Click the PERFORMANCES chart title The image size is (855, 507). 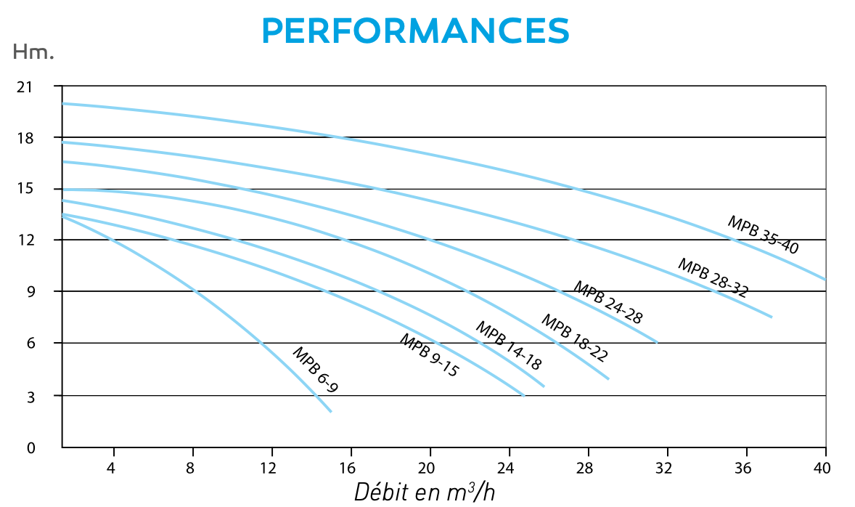click(x=415, y=30)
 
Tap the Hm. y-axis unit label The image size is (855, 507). click(x=33, y=52)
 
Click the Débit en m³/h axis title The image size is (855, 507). click(x=425, y=491)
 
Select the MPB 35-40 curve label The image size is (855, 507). click(x=763, y=235)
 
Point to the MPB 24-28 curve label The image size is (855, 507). click(x=607, y=301)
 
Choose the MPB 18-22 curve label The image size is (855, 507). click(x=574, y=338)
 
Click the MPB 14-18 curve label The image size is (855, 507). click(x=508, y=346)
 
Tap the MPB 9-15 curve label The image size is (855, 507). click(x=429, y=355)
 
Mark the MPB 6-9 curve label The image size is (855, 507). click(x=315, y=370)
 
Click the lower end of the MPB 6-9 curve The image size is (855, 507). click(x=331, y=412)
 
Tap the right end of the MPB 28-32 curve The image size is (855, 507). click(x=771, y=317)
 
